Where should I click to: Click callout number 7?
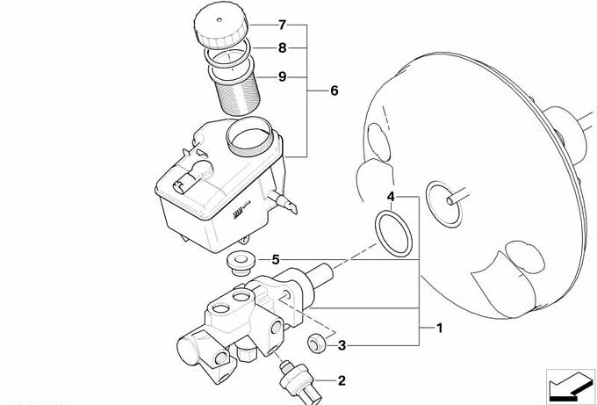[282, 25]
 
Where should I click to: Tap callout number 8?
[282, 48]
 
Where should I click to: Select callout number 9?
[282, 77]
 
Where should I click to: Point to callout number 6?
[334, 90]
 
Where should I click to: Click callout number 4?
[391, 197]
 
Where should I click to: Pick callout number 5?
[276, 260]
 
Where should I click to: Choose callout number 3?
[342, 345]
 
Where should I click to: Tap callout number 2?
[342, 380]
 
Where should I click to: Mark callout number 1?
[439, 328]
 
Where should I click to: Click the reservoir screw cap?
[221, 25]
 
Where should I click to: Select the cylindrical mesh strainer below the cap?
[237, 95]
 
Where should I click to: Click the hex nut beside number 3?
[316, 343]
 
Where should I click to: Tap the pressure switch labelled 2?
[298, 381]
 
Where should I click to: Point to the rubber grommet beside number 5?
[241, 263]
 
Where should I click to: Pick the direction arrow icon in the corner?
[570, 385]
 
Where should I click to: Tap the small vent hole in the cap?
[219, 19]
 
